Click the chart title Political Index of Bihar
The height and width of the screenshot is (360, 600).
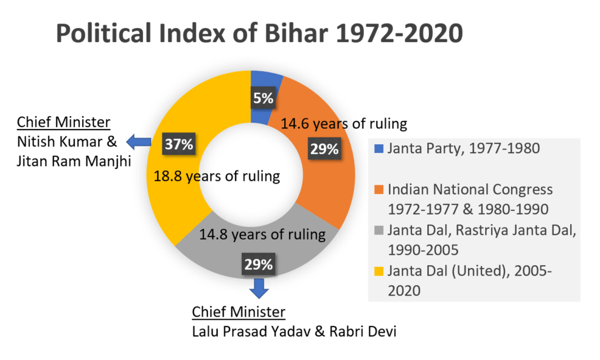pos(259,35)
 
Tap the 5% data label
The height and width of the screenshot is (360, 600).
pos(263,98)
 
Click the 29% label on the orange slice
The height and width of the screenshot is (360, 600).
pos(324,149)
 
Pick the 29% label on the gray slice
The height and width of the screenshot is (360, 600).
pos(259,264)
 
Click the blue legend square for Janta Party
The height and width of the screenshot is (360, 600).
pos(378,149)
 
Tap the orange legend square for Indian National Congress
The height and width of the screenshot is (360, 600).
pos(378,191)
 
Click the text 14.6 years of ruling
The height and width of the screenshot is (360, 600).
pos(343,124)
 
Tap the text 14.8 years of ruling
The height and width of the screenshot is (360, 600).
pos(262,235)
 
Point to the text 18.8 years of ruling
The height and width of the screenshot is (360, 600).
pos(216,176)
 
